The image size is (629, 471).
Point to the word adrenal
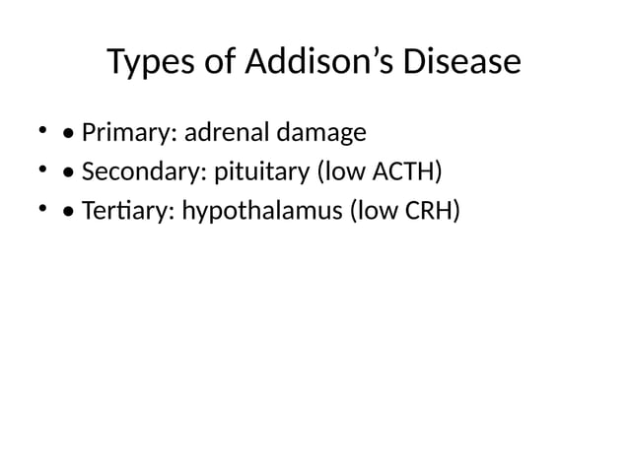(x=225, y=132)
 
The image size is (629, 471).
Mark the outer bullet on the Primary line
(x=42, y=130)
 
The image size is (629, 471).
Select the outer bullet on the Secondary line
(x=42, y=170)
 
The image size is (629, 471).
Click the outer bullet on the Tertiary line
(x=42, y=210)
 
